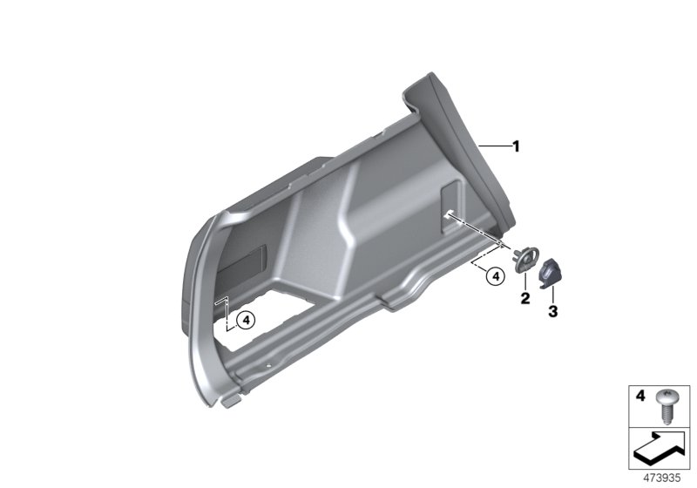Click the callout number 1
point(516,146)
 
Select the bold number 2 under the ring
point(525,298)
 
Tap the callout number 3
point(552,312)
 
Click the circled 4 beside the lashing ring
point(496,276)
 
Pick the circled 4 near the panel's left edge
point(246,320)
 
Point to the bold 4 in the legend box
point(639,396)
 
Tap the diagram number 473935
point(662,478)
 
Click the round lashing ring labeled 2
point(526,259)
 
